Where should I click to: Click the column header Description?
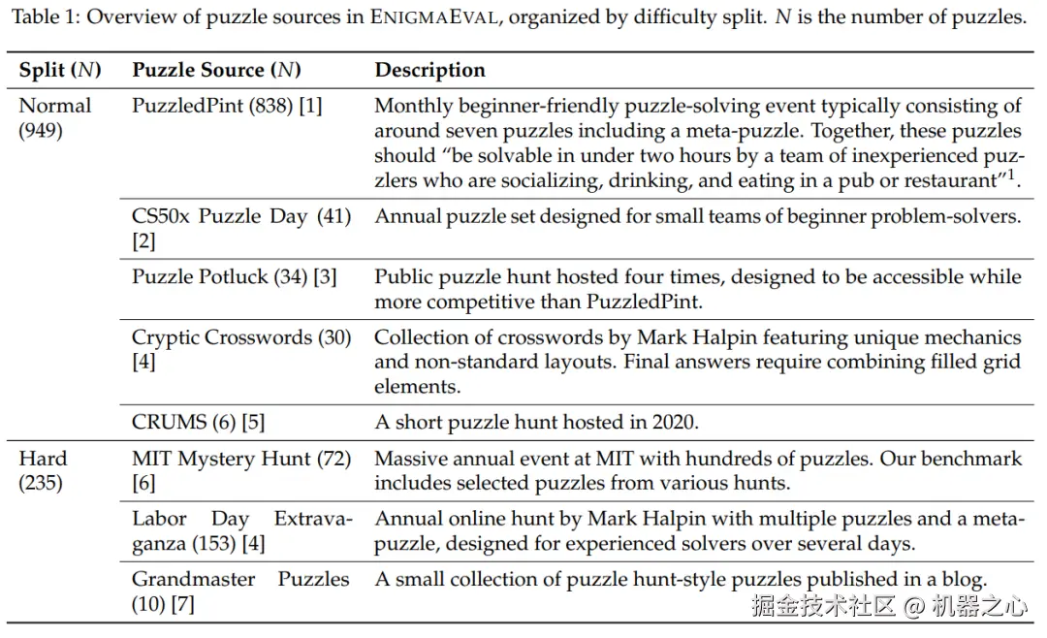click(x=429, y=70)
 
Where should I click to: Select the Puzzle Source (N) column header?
click(x=216, y=70)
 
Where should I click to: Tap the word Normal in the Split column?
click(x=55, y=106)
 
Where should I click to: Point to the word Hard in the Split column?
click(x=43, y=458)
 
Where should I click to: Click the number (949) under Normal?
click(x=41, y=130)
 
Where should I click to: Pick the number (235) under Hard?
click(x=41, y=482)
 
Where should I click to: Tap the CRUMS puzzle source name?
click(x=170, y=422)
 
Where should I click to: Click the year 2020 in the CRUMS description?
click(x=674, y=422)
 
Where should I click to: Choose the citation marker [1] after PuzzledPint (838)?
click(x=310, y=106)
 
